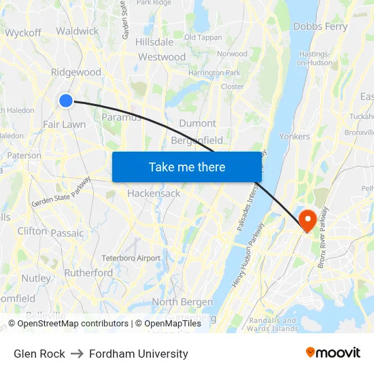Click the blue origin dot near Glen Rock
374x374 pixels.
tap(66, 101)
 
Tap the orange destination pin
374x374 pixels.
tap(307, 219)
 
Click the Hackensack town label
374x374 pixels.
tap(154, 193)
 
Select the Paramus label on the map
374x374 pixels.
tap(121, 117)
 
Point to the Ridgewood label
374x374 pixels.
tap(76, 72)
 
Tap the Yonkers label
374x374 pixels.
tap(294, 136)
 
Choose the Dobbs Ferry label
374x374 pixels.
tap(320, 27)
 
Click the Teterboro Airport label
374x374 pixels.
tap(131, 258)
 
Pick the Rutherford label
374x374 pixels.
tap(88, 273)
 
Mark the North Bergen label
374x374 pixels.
tap(182, 302)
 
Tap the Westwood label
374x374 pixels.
tap(162, 57)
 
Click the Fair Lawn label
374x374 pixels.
tap(64, 124)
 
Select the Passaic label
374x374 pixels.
tap(67, 233)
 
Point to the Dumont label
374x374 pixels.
tap(197, 124)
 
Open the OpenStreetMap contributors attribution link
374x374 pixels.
tap(73, 324)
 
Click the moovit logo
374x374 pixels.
tap(333, 353)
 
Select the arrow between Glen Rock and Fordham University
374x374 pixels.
tap(77, 354)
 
